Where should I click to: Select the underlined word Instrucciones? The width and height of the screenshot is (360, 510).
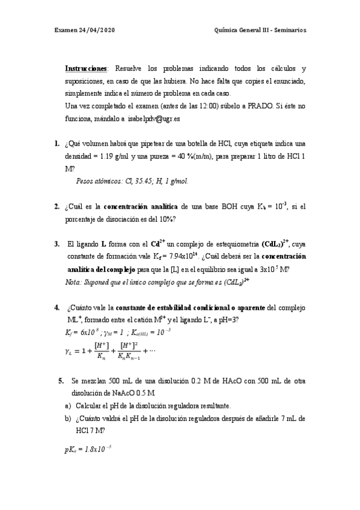click(x=86, y=69)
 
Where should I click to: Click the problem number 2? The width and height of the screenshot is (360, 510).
click(x=56, y=206)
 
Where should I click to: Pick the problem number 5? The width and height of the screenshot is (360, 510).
click(x=61, y=381)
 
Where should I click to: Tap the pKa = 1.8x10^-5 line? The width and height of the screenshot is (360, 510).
click(x=88, y=449)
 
